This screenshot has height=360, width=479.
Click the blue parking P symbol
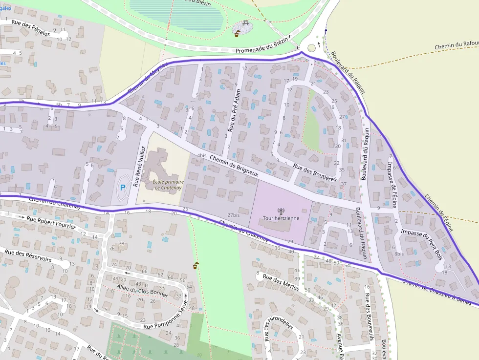[x=122, y=187]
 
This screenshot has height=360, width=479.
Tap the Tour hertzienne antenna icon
[x=281, y=211]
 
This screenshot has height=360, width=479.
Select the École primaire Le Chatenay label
[x=161, y=184]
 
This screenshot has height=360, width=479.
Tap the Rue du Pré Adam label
[x=235, y=111]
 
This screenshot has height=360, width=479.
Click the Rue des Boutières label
[x=315, y=173]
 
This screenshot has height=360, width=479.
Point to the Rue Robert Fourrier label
[x=51, y=223]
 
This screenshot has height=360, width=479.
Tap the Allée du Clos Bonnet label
[x=143, y=292]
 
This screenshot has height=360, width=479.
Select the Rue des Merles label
[x=281, y=282]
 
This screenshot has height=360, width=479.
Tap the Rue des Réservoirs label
[x=27, y=256]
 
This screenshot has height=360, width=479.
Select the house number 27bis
[x=233, y=215]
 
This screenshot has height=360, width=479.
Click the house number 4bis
[x=202, y=155]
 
